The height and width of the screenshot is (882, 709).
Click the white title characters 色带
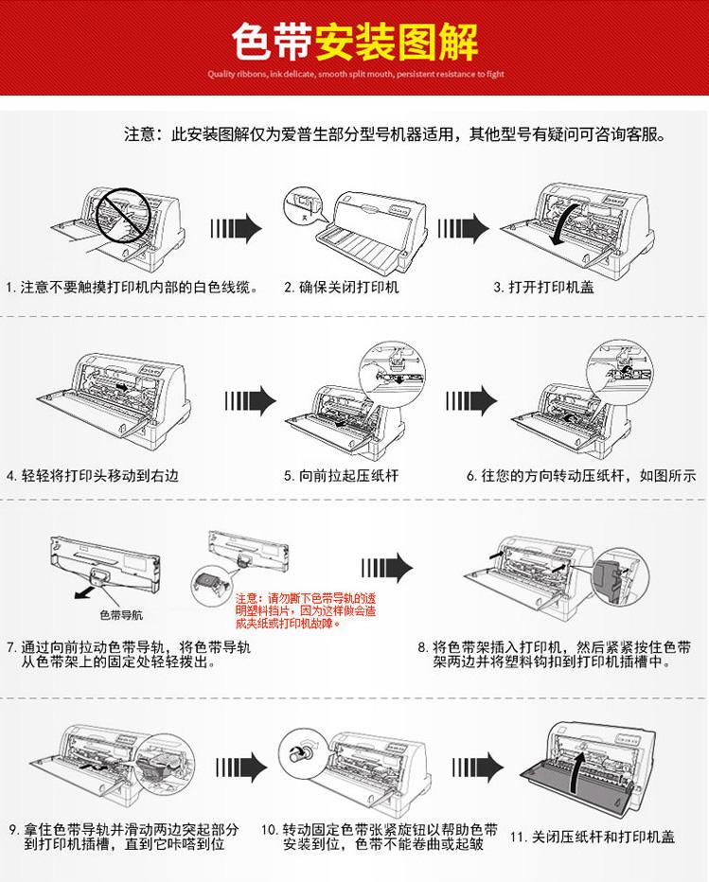(273, 42)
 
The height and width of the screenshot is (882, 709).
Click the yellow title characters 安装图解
(396, 42)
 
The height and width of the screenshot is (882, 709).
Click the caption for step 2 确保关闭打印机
(341, 288)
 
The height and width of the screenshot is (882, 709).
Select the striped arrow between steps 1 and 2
(237, 228)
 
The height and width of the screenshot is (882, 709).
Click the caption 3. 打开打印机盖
(543, 288)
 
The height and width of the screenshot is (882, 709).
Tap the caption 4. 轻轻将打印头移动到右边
(92, 476)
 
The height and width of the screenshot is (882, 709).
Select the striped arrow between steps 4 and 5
(251, 400)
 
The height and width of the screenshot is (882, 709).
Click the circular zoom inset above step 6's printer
(620, 370)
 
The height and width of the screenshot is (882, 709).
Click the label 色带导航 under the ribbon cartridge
(121, 615)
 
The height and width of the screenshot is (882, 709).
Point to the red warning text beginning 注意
(306, 611)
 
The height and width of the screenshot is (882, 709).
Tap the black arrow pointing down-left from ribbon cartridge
(85, 591)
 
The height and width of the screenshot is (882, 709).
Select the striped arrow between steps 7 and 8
(387, 568)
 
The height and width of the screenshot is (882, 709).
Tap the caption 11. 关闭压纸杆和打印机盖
(593, 837)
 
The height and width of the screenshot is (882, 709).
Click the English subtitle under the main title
(356, 74)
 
